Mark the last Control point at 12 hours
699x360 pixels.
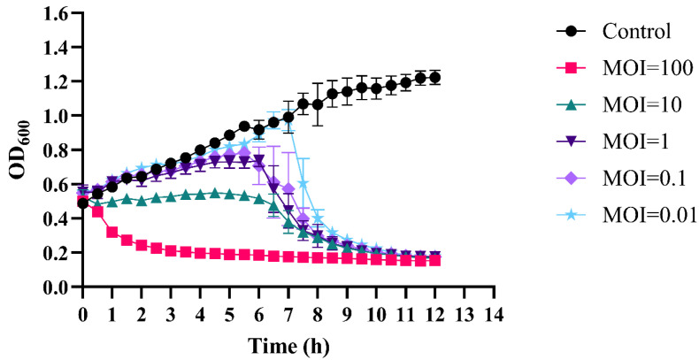click(434, 78)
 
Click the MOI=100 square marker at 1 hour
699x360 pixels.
click(112, 233)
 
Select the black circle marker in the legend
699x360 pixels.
click(572, 32)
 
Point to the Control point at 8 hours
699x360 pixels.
click(317, 105)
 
